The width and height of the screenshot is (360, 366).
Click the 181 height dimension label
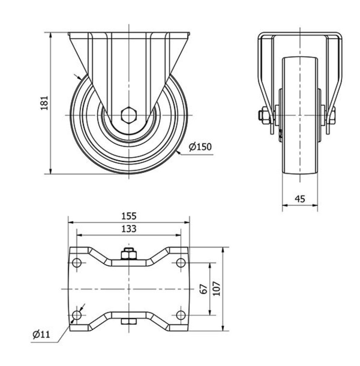44,103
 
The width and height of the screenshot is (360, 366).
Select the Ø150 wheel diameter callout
200,147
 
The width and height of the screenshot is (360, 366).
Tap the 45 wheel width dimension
300,199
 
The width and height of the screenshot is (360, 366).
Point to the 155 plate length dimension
129,216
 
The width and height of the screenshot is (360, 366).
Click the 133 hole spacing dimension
129,229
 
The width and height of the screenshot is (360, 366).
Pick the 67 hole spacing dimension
204,289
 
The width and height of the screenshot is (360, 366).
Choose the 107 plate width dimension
216,289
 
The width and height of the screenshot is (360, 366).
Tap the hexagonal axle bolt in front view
129,115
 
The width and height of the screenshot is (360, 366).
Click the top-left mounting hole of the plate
77,263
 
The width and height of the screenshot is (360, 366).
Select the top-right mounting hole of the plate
180,263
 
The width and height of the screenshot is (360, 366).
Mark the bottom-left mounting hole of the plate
77,315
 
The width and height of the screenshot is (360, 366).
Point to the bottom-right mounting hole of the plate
180,315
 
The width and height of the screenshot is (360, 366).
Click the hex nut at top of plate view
129,254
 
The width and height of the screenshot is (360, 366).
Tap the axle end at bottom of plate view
129,321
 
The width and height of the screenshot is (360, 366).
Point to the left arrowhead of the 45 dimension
285,205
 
